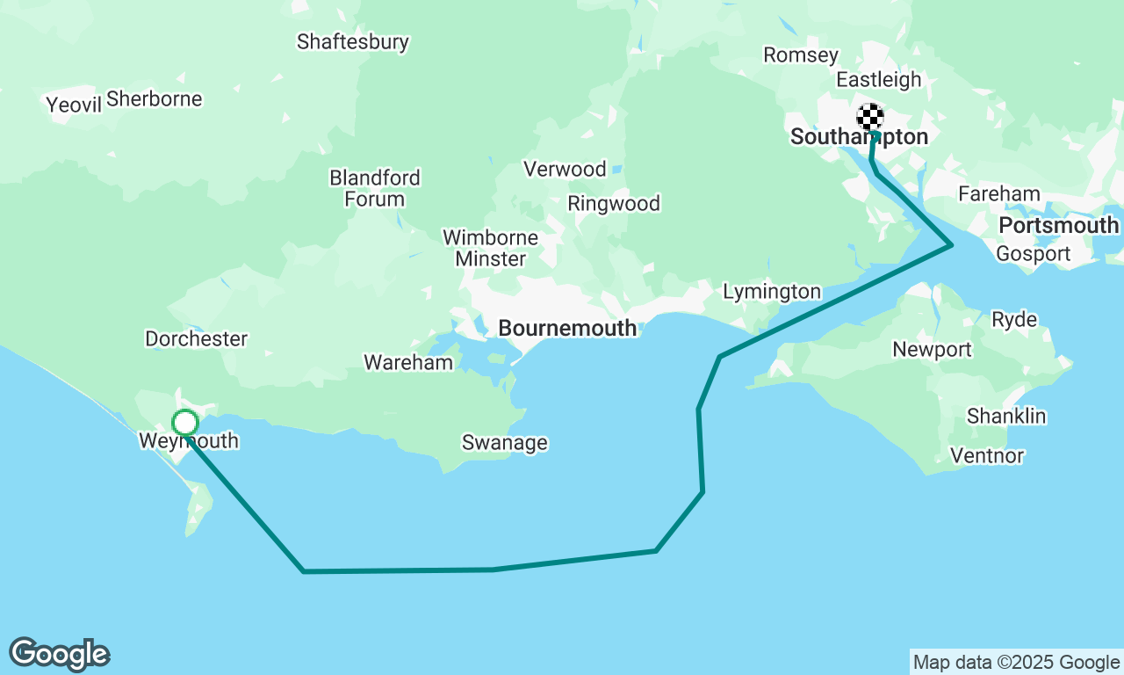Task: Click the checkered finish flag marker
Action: pyautogui.click(x=869, y=117)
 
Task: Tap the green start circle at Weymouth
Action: pyautogui.click(x=184, y=423)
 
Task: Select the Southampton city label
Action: pyautogui.click(x=859, y=137)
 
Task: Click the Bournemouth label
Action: pyautogui.click(x=567, y=328)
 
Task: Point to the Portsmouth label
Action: pyautogui.click(x=1058, y=226)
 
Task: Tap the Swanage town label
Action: pyautogui.click(x=504, y=443)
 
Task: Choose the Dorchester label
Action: pyautogui.click(x=196, y=338)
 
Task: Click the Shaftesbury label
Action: pyautogui.click(x=352, y=41)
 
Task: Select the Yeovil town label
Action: pyautogui.click(x=75, y=105)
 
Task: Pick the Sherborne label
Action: pyautogui.click(x=155, y=98)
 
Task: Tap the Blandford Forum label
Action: pyautogui.click(x=374, y=188)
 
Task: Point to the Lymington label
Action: pyautogui.click(x=771, y=291)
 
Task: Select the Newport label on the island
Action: pyautogui.click(x=932, y=350)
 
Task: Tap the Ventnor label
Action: pyautogui.click(x=987, y=456)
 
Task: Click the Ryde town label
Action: pyautogui.click(x=1013, y=319)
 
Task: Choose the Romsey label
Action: pyautogui.click(x=800, y=55)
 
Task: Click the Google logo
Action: pyautogui.click(x=60, y=655)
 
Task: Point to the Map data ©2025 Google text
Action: pyautogui.click(x=1016, y=663)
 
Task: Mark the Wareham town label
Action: pyautogui.click(x=408, y=362)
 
